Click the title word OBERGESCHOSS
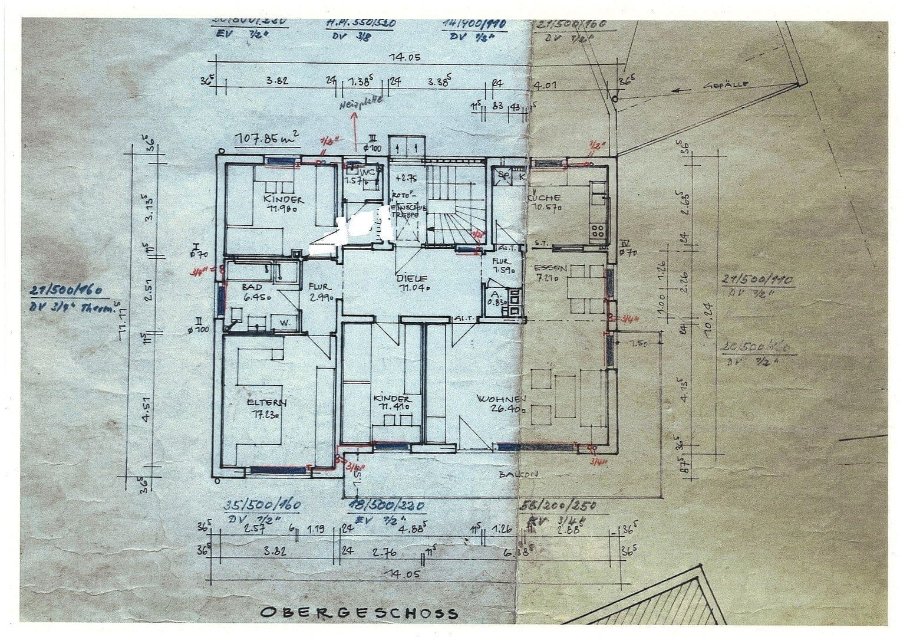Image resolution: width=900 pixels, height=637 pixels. pos(358,612)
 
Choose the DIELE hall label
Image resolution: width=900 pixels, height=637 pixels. pos(411,278)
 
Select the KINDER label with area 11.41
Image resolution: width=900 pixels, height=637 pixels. pos(391,399)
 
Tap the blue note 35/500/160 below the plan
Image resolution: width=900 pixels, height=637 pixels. pos(263,506)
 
